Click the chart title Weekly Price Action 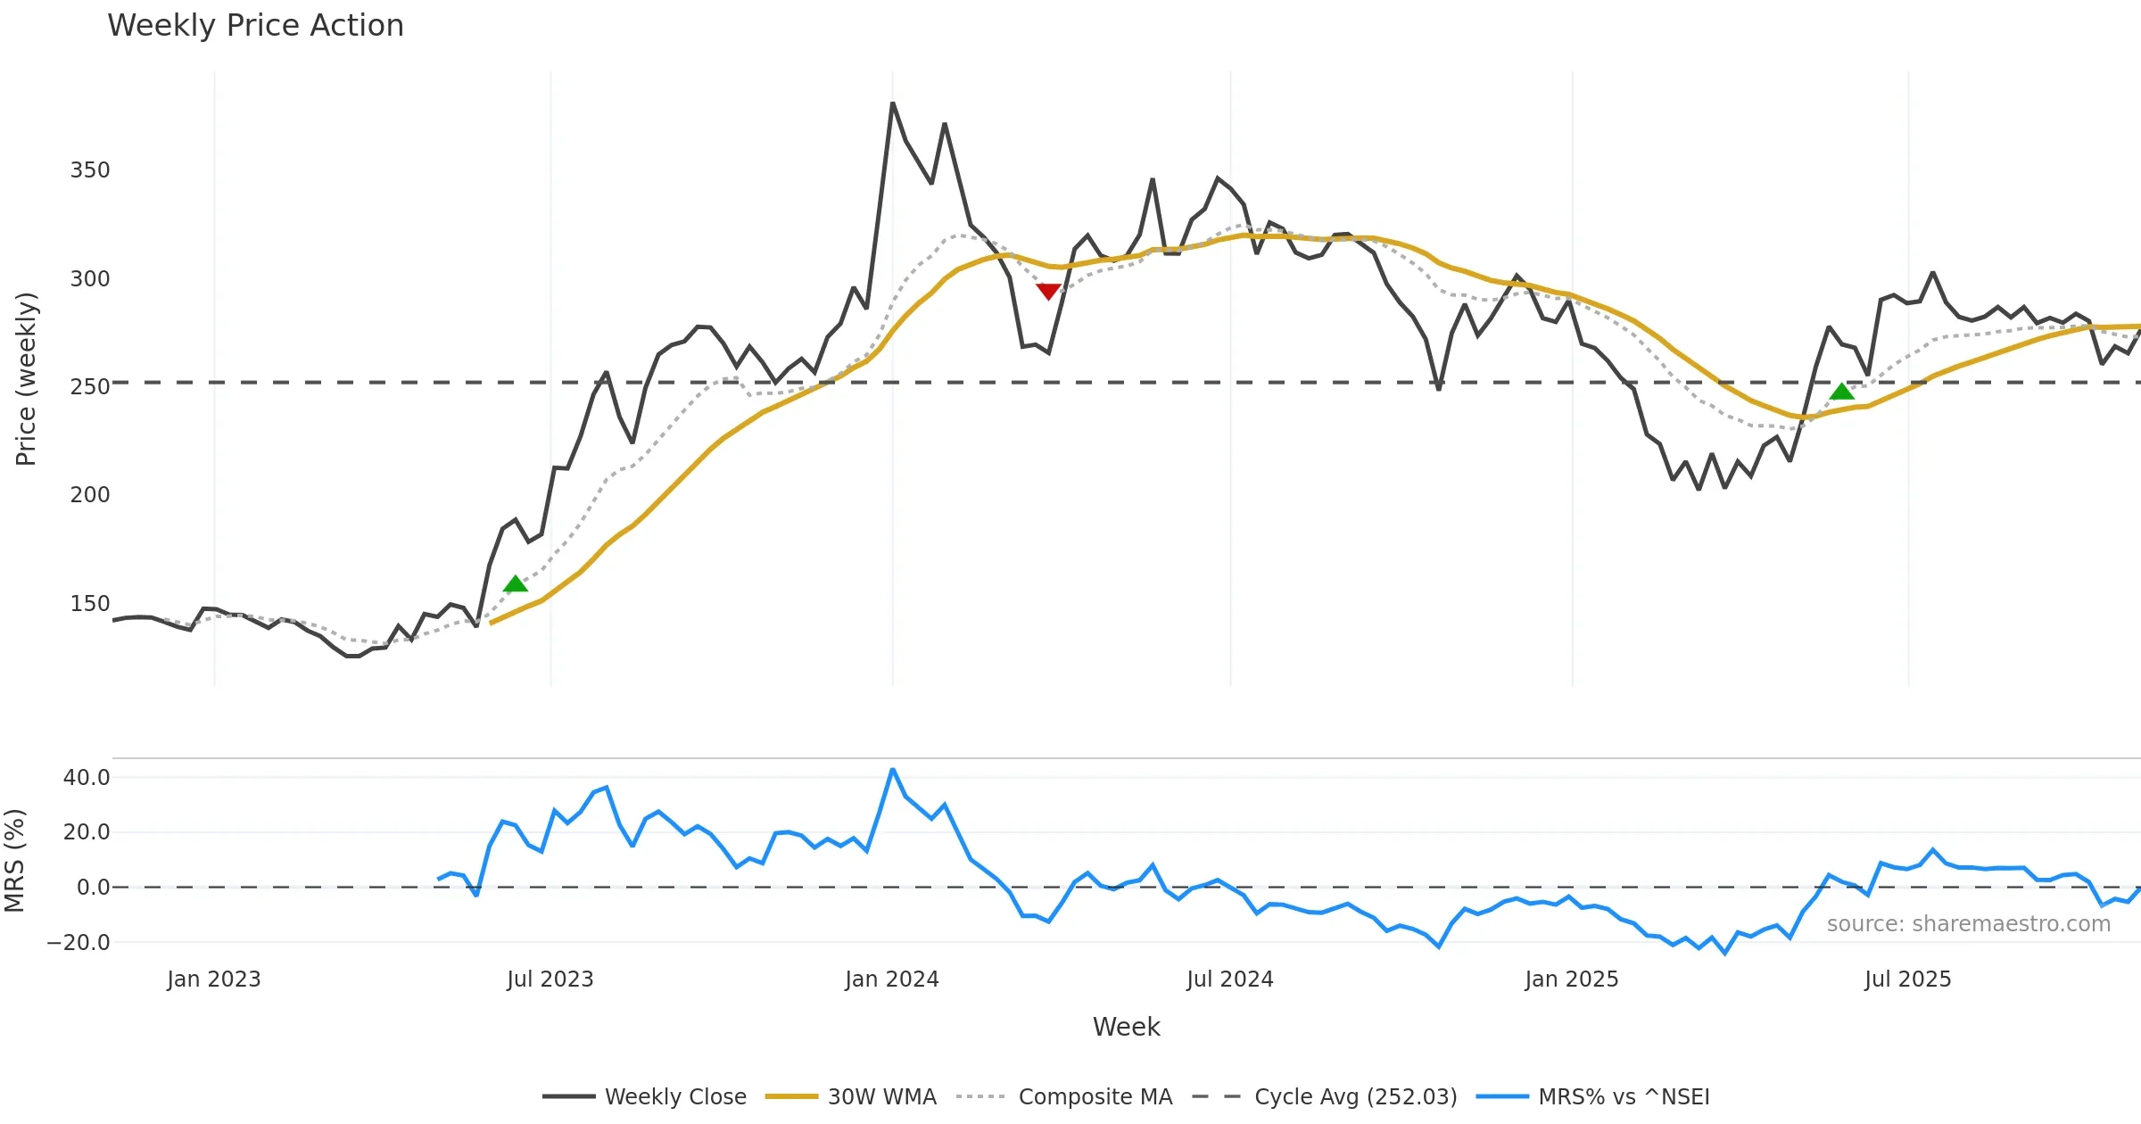255,26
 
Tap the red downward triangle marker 1048,292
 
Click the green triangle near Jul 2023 515,584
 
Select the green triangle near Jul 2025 1841,392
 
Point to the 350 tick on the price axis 90,170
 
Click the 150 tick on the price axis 90,604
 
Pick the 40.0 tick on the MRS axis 87,778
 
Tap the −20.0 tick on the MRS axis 79,943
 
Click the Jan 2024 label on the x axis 892,979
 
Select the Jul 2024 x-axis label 1229,979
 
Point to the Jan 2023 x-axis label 214,979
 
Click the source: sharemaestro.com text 1968,924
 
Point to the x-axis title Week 1126,1028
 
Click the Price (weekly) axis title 26,379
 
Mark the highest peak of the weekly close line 892,103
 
